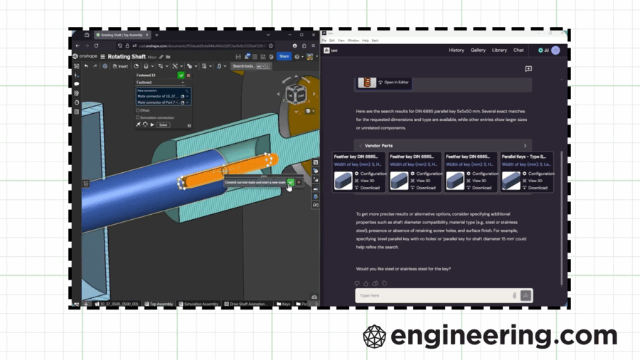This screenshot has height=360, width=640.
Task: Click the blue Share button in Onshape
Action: [284, 56]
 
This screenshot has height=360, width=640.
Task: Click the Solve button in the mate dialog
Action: [163, 125]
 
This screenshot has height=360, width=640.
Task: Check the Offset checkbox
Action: [138, 110]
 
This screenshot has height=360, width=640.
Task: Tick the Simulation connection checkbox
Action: [138, 117]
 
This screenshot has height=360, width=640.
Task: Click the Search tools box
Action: [244, 66]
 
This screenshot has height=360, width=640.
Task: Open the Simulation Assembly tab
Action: [201, 304]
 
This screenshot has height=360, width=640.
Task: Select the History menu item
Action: [457, 51]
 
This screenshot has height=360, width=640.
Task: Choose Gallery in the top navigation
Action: [478, 51]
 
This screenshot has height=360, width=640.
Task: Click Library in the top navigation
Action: [499, 51]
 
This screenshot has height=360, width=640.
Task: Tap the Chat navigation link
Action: [518, 51]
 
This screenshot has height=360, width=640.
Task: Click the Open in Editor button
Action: [394, 83]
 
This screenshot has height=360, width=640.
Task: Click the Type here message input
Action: [434, 295]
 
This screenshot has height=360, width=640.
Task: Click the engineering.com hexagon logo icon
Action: [375, 336]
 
